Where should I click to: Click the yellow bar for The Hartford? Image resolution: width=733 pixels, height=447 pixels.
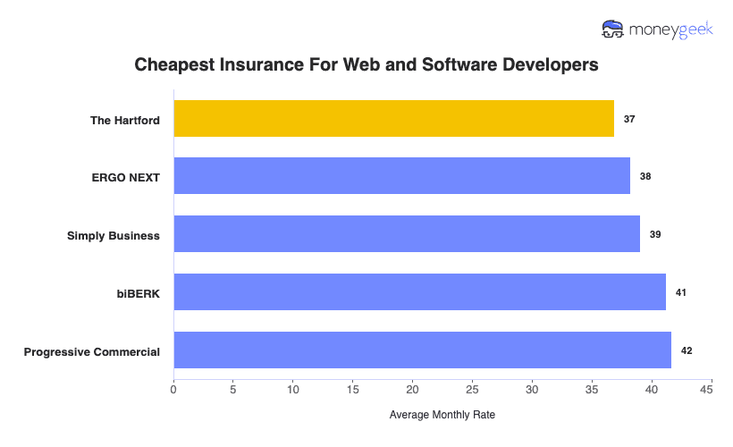tap(393, 119)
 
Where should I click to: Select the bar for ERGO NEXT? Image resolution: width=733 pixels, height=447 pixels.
tap(401, 176)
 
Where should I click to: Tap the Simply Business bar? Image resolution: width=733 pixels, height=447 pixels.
tap(407, 233)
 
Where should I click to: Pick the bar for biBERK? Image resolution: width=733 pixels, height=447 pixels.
tap(419, 292)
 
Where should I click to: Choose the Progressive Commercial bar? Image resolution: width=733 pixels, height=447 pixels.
tap(422, 350)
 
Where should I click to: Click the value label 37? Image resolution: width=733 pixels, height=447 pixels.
tap(629, 119)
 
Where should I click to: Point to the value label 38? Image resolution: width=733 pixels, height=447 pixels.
tap(645, 176)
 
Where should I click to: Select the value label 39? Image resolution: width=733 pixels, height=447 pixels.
tap(655, 234)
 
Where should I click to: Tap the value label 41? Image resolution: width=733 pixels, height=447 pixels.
tap(680, 292)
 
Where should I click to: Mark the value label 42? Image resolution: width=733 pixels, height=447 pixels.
tap(687, 350)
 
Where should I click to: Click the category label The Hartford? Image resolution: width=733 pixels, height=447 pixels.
tap(125, 120)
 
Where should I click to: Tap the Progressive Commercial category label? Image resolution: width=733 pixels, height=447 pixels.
tap(92, 351)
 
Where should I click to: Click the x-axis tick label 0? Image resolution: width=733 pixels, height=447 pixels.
tap(173, 390)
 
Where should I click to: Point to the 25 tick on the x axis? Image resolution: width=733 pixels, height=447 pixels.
tap(472, 390)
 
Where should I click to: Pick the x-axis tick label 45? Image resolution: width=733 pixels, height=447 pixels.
tap(712, 390)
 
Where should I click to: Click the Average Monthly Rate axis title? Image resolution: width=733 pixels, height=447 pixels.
tap(442, 415)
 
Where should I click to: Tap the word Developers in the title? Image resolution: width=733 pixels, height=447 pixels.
tap(547, 65)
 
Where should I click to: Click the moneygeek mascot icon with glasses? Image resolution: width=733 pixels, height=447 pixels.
tap(613, 30)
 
